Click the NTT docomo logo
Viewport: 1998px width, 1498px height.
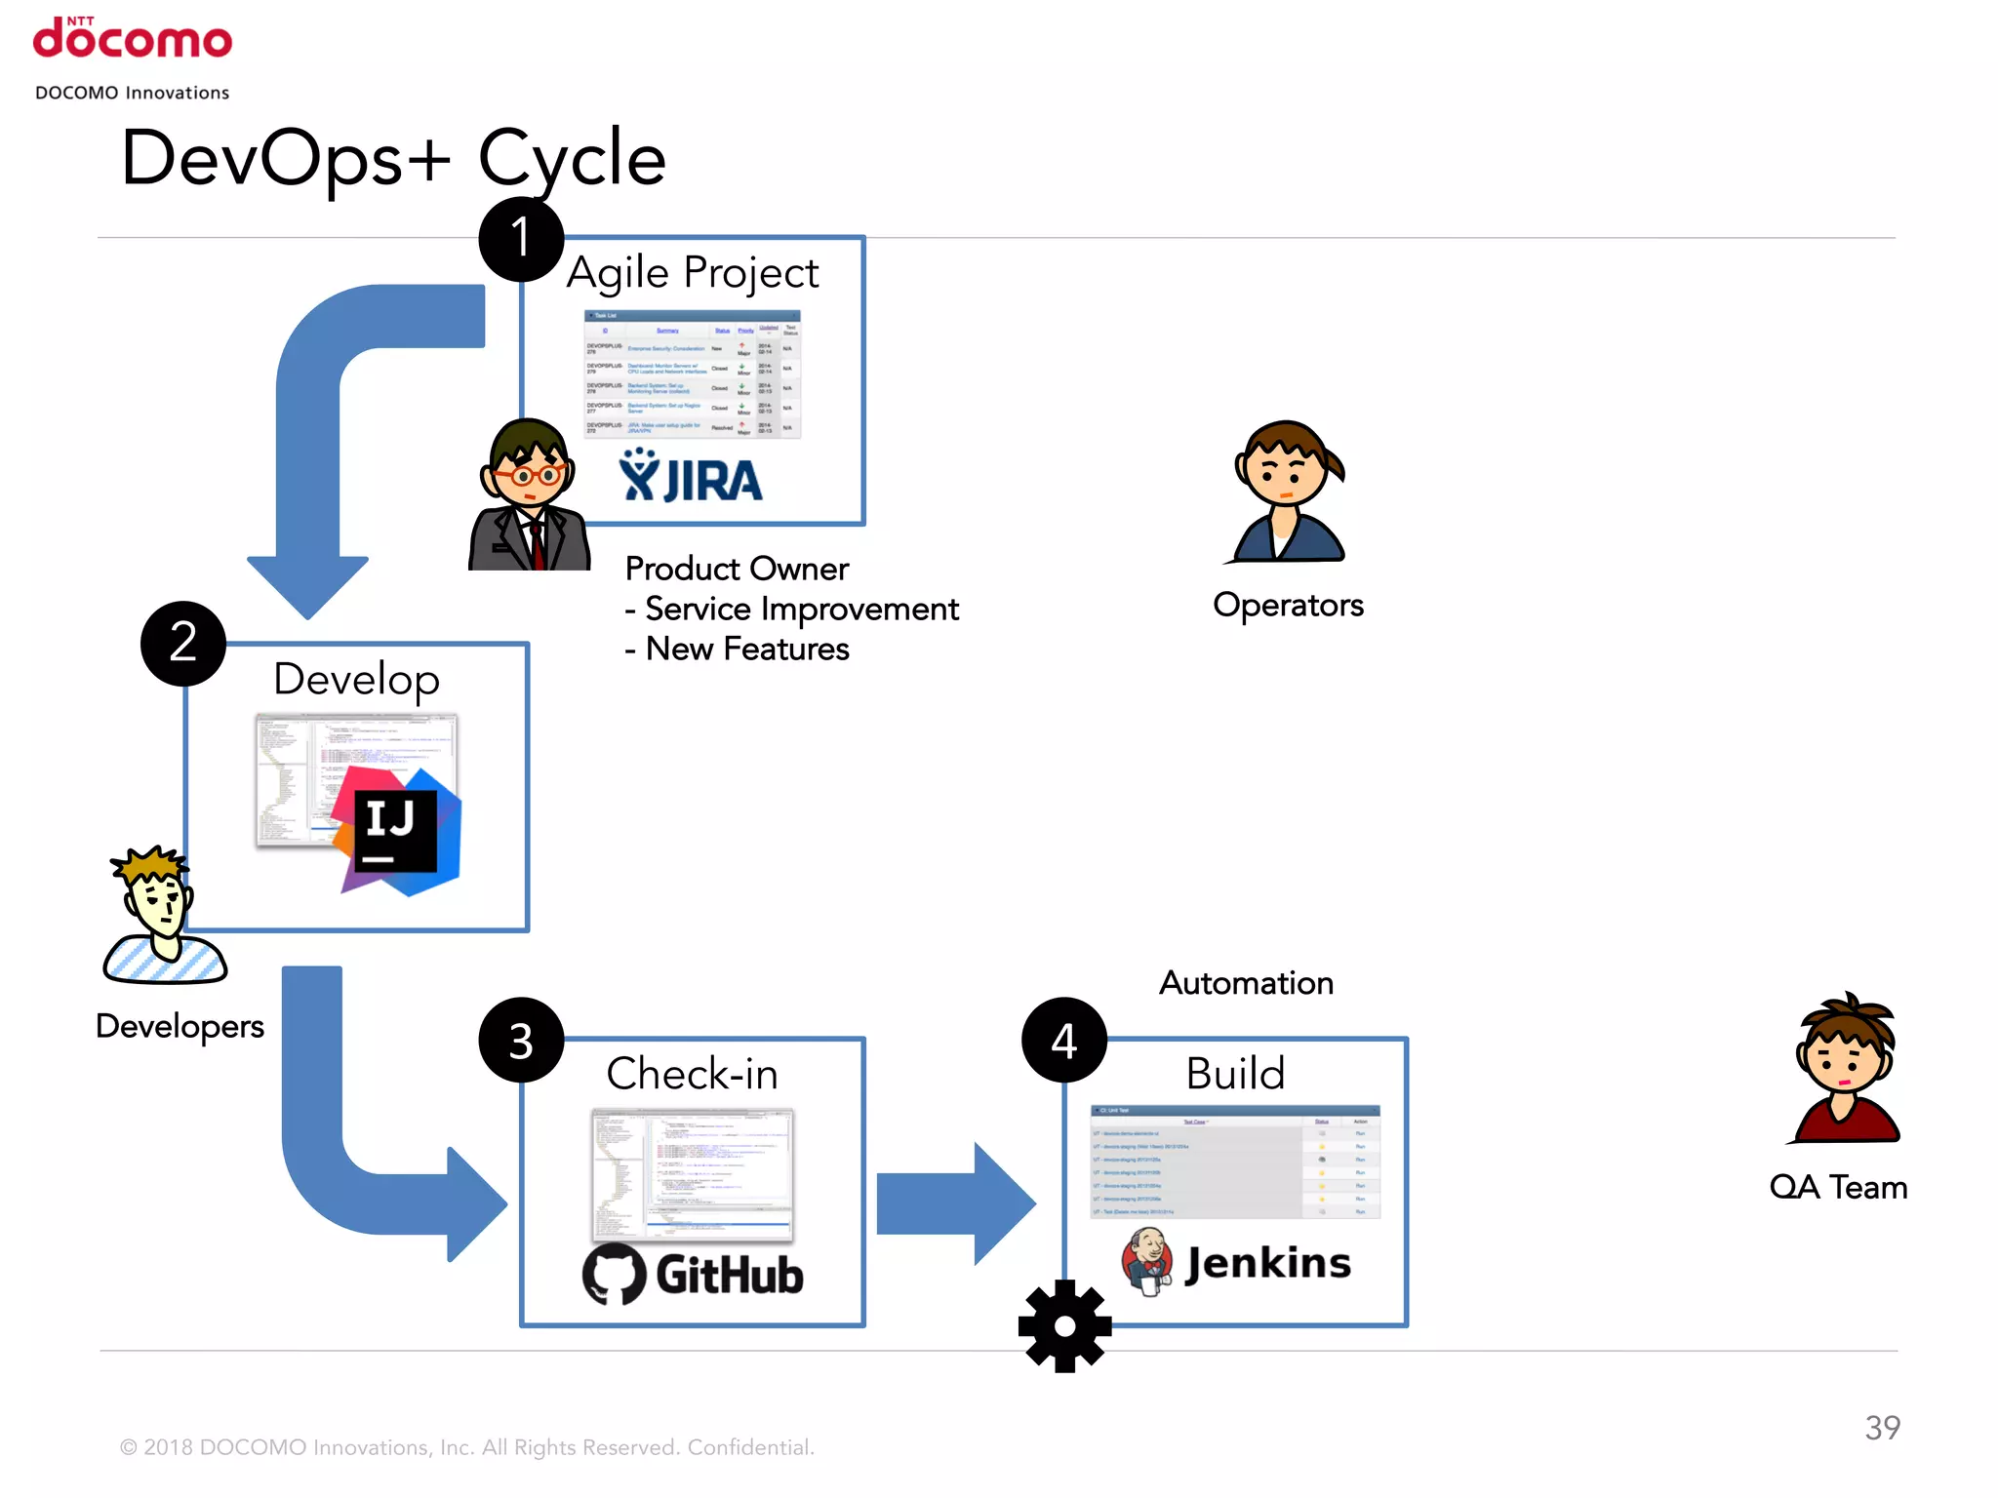[x=133, y=39]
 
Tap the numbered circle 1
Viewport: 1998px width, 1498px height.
[x=521, y=239]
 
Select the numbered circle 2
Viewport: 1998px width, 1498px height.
[x=183, y=644]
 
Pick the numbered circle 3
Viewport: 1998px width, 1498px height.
[x=521, y=1041]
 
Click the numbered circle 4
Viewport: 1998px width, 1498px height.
[x=1064, y=1041]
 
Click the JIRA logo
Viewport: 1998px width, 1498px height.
[x=691, y=477]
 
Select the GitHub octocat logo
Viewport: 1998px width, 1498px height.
[x=614, y=1274]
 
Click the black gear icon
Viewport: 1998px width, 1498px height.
[x=1064, y=1326]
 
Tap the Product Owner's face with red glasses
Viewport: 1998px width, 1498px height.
[x=528, y=468]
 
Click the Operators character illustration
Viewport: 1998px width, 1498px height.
[x=1288, y=493]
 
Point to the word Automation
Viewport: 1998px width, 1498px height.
[x=1246, y=983]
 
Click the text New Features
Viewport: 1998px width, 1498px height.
[x=747, y=650]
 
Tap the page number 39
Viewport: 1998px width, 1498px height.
[x=1882, y=1428]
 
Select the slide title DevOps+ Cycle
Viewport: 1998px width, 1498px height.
[x=393, y=158]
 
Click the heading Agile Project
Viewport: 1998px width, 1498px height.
[x=693, y=273]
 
